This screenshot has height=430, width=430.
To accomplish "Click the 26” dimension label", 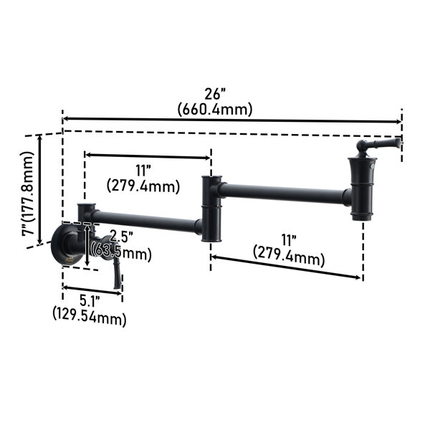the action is pyautogui.click(x=215, y=95).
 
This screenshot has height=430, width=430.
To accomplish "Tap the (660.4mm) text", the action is pyautogui.click(x=215, y=110).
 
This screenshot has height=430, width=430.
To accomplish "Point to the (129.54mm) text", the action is pyautogui.click(x=90, y=319).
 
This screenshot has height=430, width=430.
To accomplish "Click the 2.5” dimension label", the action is pyautogui.click(x=122, y=236).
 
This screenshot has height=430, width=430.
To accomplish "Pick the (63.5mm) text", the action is pyautogui.click(x=123, y=253).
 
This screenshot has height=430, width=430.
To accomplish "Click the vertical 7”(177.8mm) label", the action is pyautogui.click(x=27, y=193).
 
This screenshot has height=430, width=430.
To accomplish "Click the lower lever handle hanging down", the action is pyautogui.click(x=117, y=273).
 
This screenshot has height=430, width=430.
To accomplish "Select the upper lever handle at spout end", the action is pyautogui.click(x=378, y=145).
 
